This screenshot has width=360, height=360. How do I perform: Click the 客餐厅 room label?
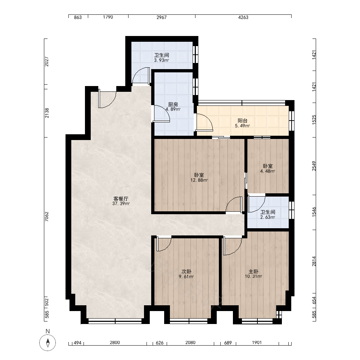121,199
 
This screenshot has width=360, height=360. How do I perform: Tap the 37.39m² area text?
121,204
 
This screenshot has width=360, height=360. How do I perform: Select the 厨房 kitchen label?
173,104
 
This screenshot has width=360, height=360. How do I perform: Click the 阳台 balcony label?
242,121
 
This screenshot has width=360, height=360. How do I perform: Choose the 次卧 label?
186,271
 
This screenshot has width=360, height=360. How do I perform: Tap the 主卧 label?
253,271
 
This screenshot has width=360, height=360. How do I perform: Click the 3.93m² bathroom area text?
162,60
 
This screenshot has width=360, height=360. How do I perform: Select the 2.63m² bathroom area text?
268,217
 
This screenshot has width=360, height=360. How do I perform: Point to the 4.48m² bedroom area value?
268,171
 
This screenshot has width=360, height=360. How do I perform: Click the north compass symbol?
48,343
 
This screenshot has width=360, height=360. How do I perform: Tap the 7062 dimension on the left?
47,216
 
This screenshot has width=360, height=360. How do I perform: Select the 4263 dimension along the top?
243,17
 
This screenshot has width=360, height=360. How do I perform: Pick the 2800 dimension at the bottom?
114,343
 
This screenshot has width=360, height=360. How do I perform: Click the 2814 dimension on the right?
314,261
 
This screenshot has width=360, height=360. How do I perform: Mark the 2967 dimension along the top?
162,17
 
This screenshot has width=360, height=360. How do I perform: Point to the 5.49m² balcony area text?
242,126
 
